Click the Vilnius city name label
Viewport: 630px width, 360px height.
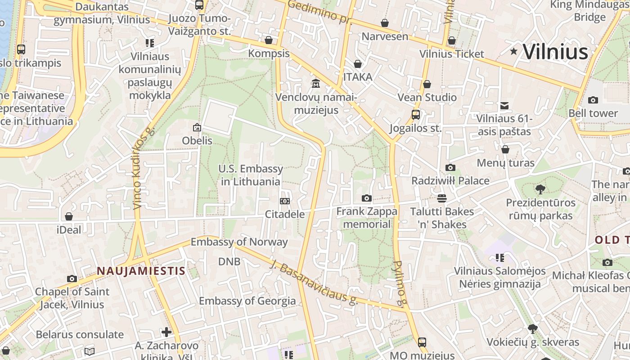(x=555, y=52)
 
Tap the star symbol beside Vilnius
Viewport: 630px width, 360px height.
(x=514, y=51)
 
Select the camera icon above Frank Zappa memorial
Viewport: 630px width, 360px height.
(x=367, y=198)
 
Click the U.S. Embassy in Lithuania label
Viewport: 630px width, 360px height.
(x=251, y=175)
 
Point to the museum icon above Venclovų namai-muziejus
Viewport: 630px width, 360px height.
(x=316, y=84)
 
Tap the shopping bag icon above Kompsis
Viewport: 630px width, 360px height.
(x=269, y=40)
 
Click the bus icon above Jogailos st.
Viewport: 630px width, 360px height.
(x=416, y=115)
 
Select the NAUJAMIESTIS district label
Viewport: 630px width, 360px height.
(x=141, y=271)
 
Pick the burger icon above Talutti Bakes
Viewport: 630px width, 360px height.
(x=442, y=198)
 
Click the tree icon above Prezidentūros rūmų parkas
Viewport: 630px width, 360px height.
(x=540, y=189)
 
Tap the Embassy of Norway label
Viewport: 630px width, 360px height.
(x=239, y=242)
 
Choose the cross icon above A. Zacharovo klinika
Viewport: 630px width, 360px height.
(x=166, y=333)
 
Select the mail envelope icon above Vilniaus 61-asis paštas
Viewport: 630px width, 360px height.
(x=504, y=106)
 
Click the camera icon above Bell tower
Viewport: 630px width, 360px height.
(x=593, y=100)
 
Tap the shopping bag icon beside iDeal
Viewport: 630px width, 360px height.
(x=69, y=217)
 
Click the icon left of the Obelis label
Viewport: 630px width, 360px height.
(x=197, y=128)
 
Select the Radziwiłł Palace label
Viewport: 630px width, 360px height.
(x=450, y=181)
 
